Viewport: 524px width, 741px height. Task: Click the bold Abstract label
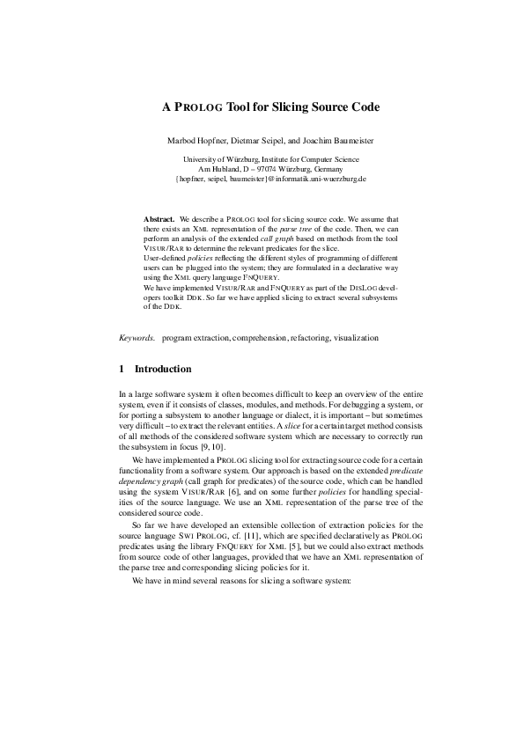tap(159, 217)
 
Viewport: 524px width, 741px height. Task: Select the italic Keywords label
tap(137, 337)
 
